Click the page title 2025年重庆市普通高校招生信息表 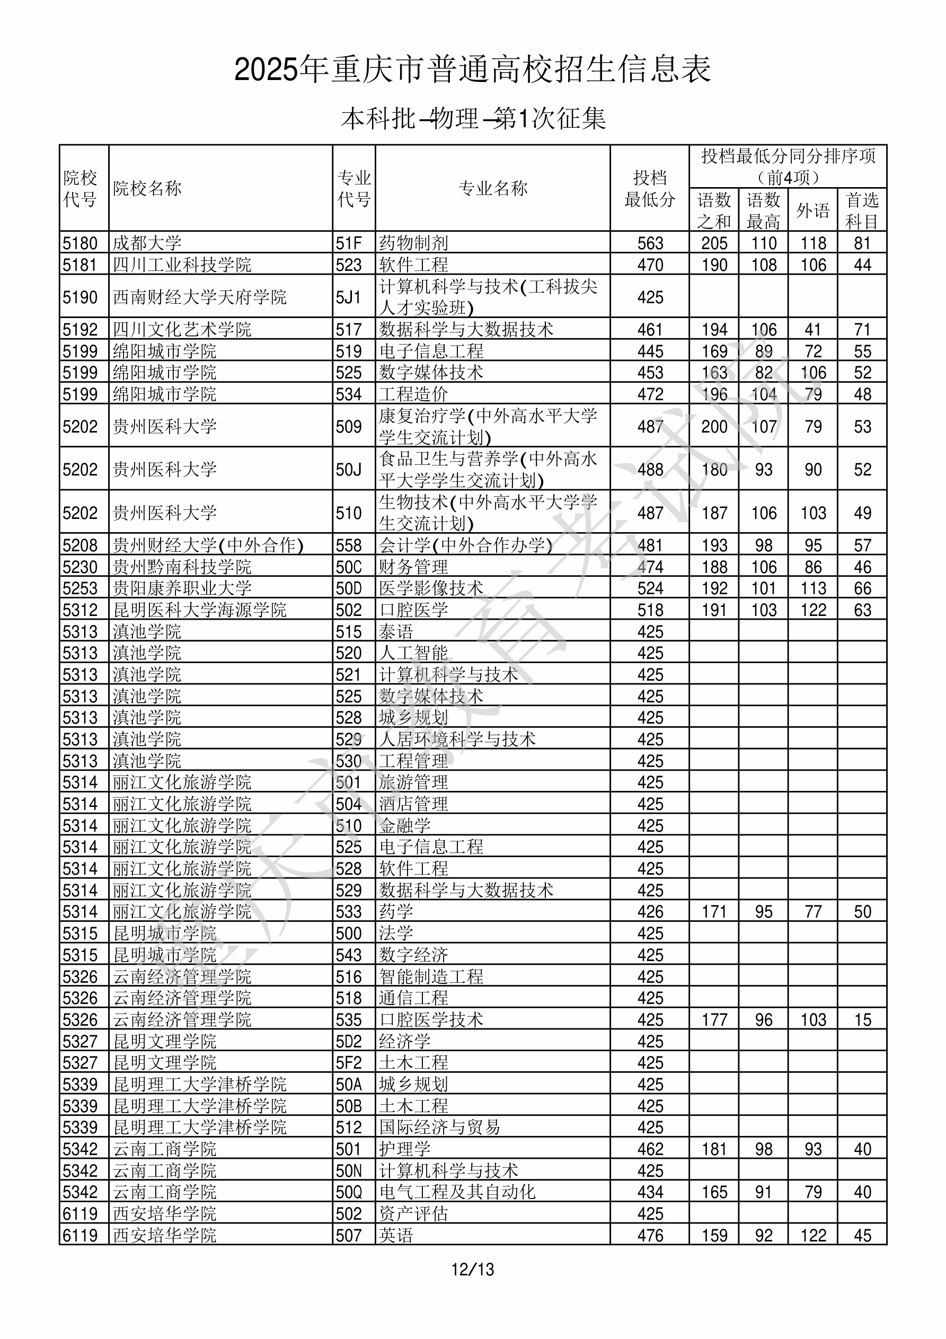[472, 70]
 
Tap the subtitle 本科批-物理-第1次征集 [473, 119]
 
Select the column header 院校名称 [147, 188]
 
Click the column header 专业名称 [493, 188]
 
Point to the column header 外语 [813, 210]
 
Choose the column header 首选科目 [862, 210]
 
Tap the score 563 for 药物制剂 [650, 243]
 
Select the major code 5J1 [348, 297]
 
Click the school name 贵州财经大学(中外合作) [208, 545]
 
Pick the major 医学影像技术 [431, 588]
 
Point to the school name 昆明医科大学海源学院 [199, 610]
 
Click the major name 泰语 [396, 631]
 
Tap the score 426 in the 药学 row [650, 912]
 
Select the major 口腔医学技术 [431, 1019]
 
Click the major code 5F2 [349, 1063]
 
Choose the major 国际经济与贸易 [440, 1127]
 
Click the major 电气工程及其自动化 [457, 1192]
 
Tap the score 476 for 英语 [650, 1235]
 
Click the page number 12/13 [472, 1269]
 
